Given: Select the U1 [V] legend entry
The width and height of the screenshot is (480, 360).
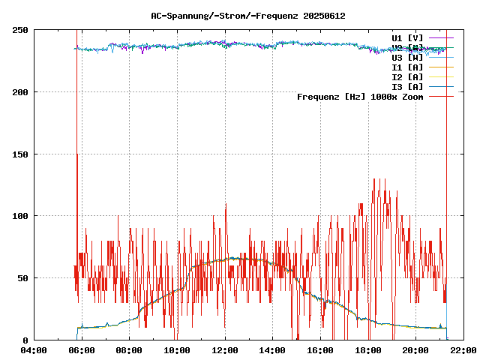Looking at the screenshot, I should tap(407, 37).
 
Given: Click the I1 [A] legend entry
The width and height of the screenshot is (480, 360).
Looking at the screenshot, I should tap(407, 67).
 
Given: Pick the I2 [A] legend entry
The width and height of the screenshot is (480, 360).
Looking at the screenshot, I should tap(407, 76).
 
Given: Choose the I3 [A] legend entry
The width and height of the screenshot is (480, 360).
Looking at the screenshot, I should tap(407, 86).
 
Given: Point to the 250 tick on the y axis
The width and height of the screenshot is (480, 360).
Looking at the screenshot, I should tap(20, 30).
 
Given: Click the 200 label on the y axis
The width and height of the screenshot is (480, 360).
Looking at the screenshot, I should tap(20, 92).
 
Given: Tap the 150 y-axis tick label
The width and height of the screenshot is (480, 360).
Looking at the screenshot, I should tap(20, 154).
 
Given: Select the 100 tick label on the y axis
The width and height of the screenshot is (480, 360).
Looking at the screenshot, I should tap(20, 216).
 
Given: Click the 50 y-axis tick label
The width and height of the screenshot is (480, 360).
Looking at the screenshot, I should tap(22, 278).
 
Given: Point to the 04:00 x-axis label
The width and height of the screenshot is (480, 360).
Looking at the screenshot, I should tap(33, 349).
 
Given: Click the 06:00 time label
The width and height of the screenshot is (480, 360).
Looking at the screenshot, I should tap(81, 349).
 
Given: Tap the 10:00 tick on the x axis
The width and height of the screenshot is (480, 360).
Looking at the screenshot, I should tap(177, 349).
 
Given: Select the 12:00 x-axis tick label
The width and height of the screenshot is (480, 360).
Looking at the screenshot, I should tap(225, 349).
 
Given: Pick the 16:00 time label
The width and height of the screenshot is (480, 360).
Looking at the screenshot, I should tap(320, 349).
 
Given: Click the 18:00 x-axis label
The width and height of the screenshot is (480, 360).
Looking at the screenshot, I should tap(368, 349).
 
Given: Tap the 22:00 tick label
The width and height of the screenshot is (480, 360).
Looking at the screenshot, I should tap(463, 349).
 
